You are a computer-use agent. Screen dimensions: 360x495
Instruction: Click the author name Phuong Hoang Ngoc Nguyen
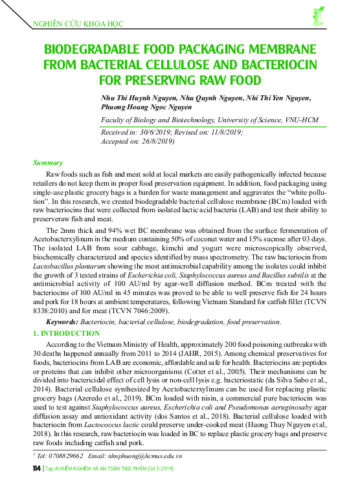pos(146,107)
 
